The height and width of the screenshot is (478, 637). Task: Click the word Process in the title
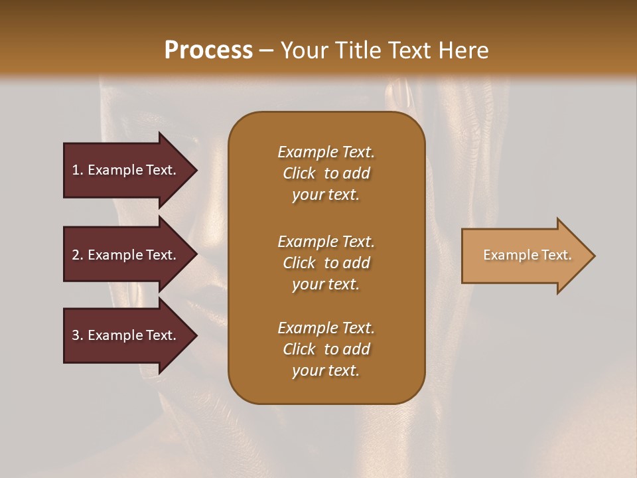[x=208, y=50]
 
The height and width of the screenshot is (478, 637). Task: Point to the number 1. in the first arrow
[x=78, y=170]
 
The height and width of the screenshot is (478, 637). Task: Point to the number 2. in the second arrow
[x=78, y=255]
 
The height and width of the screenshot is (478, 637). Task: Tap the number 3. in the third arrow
[x=78, y=335]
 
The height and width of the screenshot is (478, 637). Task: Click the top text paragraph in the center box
[x=326, y=173]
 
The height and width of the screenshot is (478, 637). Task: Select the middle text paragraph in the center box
[x=326, y=263]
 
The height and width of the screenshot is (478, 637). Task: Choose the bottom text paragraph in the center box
[x=326, y=349]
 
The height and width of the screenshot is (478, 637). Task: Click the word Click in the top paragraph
[x=299, y=173]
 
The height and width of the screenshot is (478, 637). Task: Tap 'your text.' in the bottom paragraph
[x=326, y=370]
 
